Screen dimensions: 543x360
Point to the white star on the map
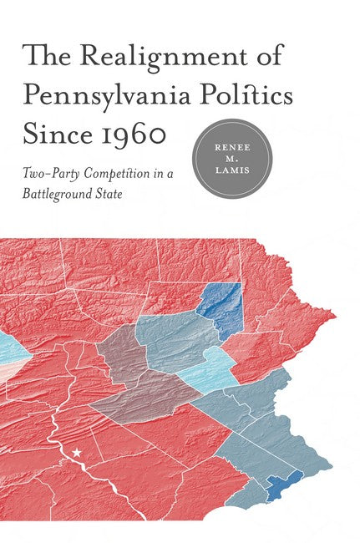[78, 453]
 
